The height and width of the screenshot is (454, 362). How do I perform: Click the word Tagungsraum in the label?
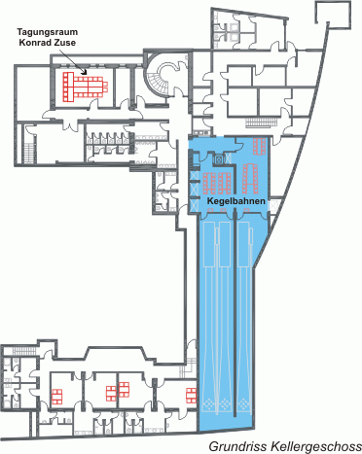48,32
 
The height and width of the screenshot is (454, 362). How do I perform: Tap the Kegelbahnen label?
235,201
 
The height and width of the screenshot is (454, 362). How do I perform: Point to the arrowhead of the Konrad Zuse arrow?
85,72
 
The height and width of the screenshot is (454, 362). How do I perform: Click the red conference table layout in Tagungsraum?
85,86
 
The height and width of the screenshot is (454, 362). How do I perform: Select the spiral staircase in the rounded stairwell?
161,78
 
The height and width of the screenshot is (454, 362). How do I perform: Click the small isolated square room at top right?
333,15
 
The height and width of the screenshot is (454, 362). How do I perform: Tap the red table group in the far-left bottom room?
57,397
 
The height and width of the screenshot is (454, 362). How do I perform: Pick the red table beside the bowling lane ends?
192,396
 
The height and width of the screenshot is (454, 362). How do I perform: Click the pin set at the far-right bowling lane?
243,404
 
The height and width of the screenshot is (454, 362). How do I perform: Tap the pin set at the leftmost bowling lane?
207,404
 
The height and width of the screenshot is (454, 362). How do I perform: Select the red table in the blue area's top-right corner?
260,146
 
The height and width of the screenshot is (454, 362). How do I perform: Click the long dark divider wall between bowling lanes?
235,314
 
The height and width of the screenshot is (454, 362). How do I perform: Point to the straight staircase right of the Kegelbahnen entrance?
262,122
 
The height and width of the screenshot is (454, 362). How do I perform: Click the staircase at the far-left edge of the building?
29,153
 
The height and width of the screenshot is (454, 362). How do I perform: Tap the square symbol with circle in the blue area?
219,159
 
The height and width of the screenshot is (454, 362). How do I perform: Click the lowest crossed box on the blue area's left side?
195,205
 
